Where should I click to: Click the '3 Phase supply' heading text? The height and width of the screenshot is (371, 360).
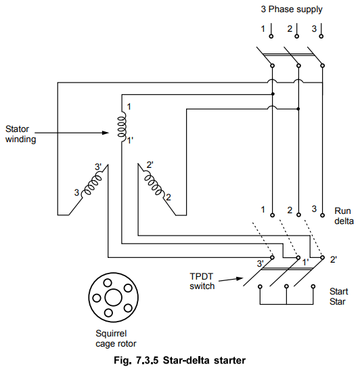click(292, 9)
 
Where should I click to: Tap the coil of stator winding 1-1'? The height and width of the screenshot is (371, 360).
click(122, 127)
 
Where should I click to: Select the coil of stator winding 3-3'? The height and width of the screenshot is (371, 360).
click(92, 185)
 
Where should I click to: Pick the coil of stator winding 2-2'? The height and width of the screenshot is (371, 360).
click(154, 185)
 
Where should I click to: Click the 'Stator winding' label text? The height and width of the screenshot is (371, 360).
click(20, 134)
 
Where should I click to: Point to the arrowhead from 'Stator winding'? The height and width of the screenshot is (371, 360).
click(106, 133)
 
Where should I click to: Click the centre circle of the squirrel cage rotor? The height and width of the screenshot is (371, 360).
click(113, 298)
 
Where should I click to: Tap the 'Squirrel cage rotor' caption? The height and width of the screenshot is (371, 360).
click(116, 339)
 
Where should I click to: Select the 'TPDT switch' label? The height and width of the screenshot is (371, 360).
click(202, 281)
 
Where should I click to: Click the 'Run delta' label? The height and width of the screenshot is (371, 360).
click(344, 216)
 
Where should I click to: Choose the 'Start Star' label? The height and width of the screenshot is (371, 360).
click(338, 297)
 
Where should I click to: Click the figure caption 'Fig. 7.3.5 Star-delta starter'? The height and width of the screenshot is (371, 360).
click(180, 360)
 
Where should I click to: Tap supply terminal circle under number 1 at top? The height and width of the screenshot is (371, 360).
click(271, 36)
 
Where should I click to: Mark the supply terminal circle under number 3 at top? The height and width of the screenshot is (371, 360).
click(321, 36)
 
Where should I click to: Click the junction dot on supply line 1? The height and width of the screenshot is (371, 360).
click(273, 94)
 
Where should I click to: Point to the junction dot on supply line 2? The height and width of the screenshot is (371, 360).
click(298, 109)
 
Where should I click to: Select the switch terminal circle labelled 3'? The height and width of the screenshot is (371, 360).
click(272, 257)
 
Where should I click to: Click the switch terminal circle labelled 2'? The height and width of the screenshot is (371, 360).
click(322, 257)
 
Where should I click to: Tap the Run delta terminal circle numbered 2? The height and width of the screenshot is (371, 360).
click(298, 215)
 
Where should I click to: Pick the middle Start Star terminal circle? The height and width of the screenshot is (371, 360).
click(286, 286)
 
